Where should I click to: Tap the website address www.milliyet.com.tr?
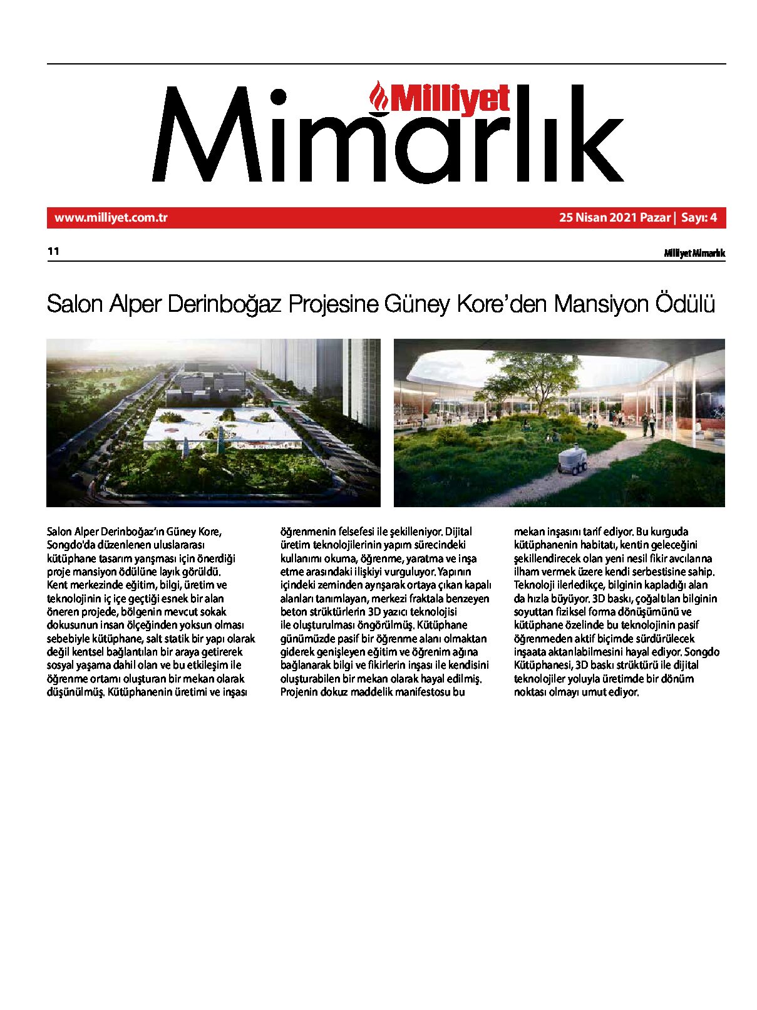pos(111,218)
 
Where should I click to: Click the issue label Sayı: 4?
pos(699,218)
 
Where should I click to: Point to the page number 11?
pos(53,251)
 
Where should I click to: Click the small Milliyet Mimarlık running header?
pos(694,253)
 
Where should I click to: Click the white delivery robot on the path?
pos(572,459)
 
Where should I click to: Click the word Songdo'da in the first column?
pos(70,545)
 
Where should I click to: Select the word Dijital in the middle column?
pos(458,532)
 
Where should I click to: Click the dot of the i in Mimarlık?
pos(279,97)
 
